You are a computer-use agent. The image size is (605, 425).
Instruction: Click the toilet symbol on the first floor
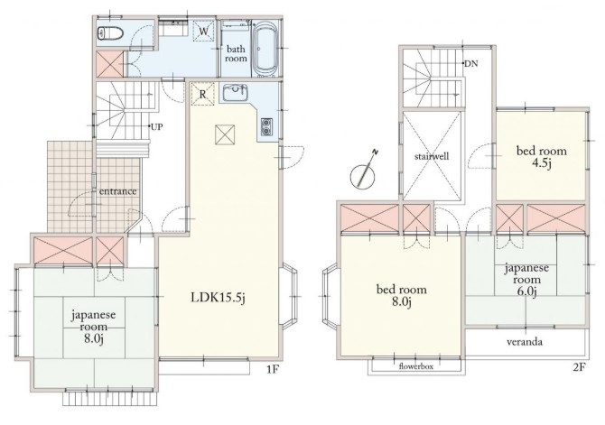(111, 33)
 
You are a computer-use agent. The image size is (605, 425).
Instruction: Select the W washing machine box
(204, 30)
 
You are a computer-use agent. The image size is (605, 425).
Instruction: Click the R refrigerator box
(202, 94)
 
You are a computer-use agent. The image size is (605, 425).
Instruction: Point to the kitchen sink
(234, 93)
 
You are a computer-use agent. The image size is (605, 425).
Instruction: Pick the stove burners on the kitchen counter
(266, 127)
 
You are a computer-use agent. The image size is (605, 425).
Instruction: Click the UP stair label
(156, 126)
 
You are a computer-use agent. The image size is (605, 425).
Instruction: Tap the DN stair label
(470, 64)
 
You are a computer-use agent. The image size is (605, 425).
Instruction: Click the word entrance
(117, 191)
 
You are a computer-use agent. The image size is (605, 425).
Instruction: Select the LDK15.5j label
(219, 298)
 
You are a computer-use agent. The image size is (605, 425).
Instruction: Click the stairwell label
(432, 156)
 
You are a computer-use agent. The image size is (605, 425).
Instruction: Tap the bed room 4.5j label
(542, 156)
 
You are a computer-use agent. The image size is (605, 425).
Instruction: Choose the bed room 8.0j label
(402, 295)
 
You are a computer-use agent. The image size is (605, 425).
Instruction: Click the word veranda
(525, 342)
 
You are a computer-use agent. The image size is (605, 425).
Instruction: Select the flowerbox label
(416, 366)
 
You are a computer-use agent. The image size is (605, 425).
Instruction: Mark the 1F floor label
(273, 369)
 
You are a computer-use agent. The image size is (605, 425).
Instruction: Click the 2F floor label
(579, 366)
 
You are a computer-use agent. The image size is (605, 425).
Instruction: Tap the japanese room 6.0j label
(526, 280)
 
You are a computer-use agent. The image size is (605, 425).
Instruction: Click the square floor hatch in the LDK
(225, 134)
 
